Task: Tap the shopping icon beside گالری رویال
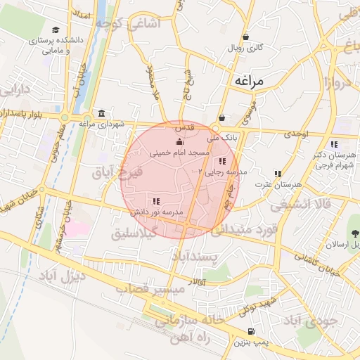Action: (245, 37)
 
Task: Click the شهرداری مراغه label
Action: (101, 124)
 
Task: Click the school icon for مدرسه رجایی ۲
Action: (223, 162)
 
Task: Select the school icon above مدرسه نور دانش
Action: (155, 202)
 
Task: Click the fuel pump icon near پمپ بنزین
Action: (251, 332)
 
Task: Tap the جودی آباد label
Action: (310, 321)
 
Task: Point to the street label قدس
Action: (184, 127)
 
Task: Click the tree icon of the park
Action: (354, 231)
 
